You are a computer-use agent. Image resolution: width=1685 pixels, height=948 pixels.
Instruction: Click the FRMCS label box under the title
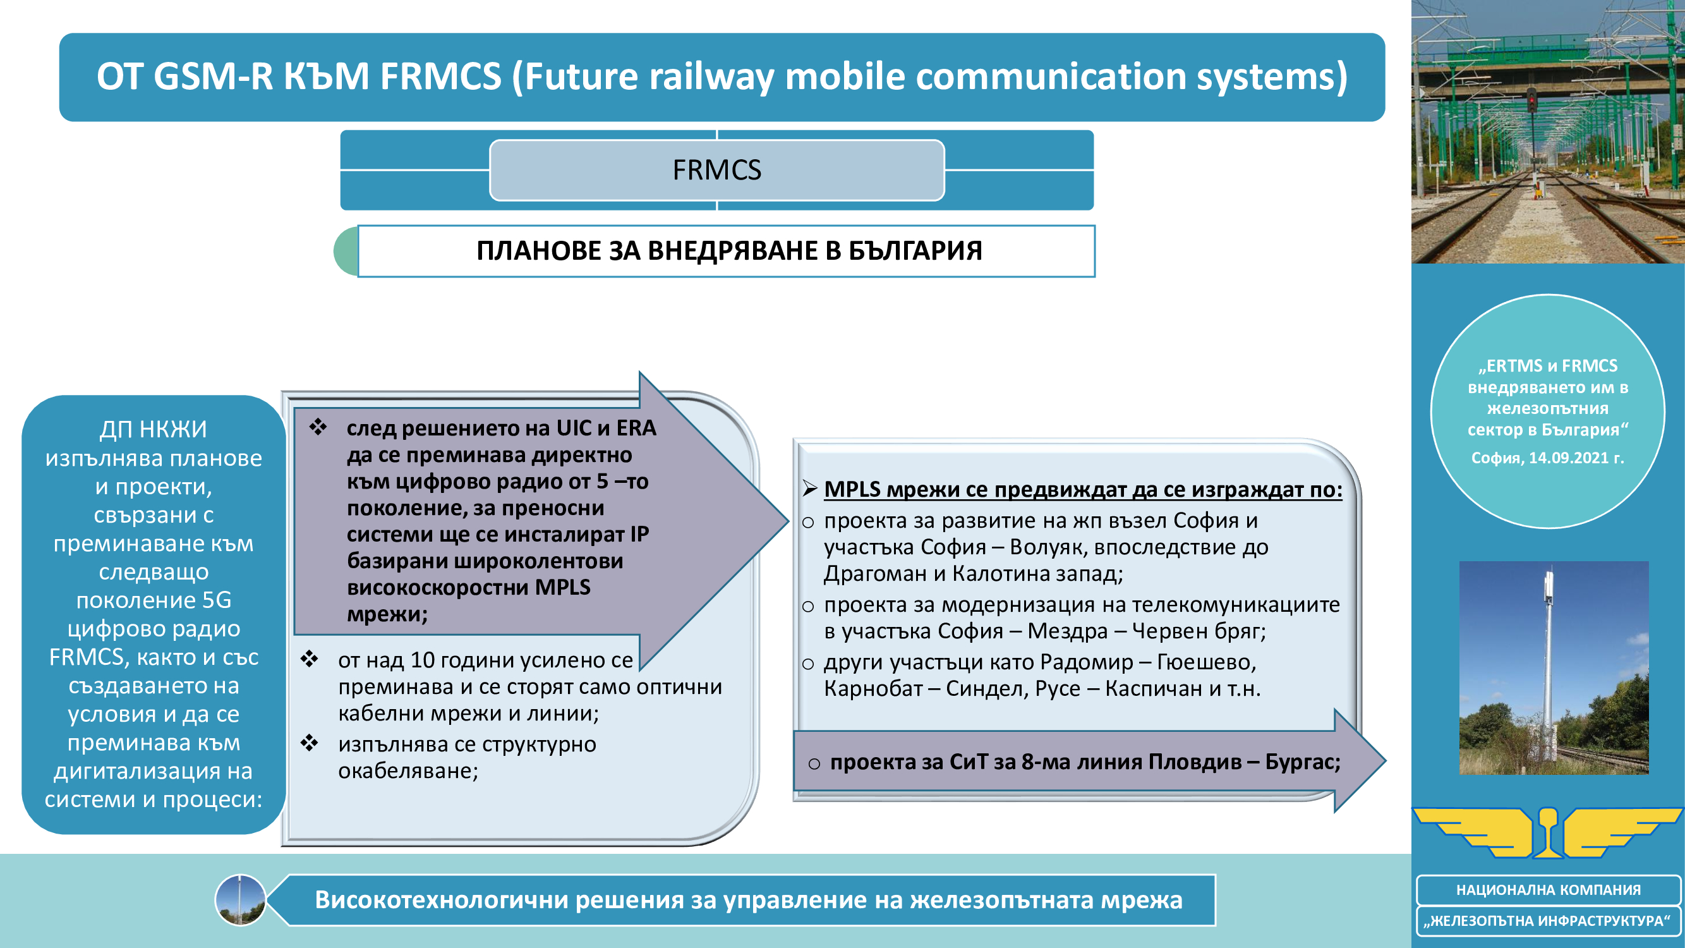[716, 170]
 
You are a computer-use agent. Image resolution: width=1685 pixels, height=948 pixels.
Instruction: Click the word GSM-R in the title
[212, 76]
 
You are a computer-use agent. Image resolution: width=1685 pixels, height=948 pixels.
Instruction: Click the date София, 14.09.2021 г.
[1547, 458]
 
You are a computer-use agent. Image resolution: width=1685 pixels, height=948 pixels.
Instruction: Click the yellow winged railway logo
[1548, 832]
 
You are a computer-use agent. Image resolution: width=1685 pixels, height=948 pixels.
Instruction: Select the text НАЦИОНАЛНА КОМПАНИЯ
[1548, 890]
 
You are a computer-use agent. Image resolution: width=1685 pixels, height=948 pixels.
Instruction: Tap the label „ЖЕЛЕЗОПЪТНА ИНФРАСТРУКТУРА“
[1548, 921]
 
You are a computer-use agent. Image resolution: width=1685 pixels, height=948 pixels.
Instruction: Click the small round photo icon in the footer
[240, 900]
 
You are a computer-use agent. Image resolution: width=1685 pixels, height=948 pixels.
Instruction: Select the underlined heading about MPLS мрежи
[1082, 489]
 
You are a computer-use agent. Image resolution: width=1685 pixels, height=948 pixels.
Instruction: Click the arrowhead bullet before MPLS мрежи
[810, 489]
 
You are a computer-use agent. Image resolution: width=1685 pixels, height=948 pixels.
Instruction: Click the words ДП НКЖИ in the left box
[153, 429]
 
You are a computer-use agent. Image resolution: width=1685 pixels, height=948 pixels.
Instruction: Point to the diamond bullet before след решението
[318, 427]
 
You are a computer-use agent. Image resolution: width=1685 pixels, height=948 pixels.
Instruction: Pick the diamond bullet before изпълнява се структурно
[310, 743]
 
